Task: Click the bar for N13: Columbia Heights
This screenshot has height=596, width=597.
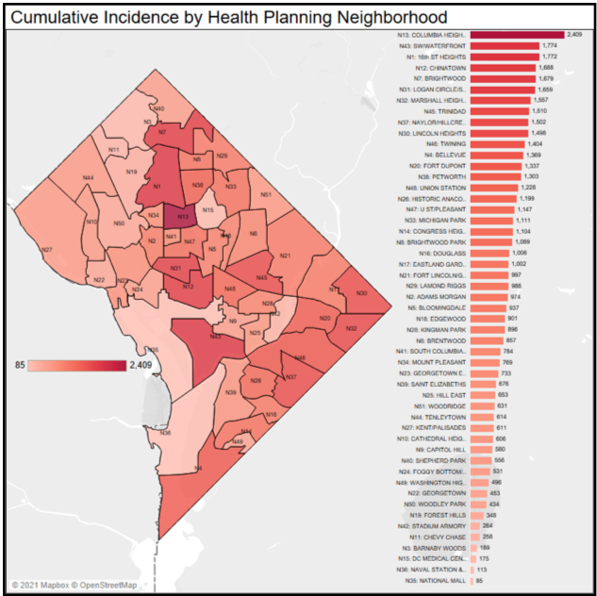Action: point(516,35)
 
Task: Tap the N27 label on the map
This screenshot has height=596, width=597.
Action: point(46,249)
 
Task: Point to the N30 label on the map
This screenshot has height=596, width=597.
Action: point(361,293)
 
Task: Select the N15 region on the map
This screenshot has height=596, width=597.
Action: point(208,209)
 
